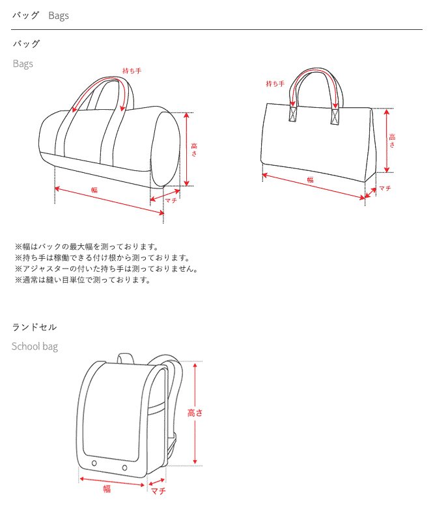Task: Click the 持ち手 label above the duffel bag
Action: (x=132, y=70)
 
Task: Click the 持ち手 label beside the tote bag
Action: (x=275, y=84)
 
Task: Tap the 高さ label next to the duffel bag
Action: (x=194, y=149)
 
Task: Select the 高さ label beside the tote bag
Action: (x=392, y=140)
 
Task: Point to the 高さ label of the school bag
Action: (x=195, y=413)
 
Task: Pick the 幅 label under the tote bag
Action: (x=310, y=179)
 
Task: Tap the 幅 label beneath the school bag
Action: (x=107, y=489)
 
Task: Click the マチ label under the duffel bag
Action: (x=171, y=201)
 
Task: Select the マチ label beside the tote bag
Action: (x=385, y=188)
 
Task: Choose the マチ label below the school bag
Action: (x=158, y=491)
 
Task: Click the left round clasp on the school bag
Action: (x=94, y=463)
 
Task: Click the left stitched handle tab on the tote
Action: (x=293, y=114)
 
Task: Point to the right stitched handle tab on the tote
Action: (x=335, y=116)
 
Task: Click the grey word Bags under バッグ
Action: (x=23, y=64)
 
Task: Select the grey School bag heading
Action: (x=35, y=346)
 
